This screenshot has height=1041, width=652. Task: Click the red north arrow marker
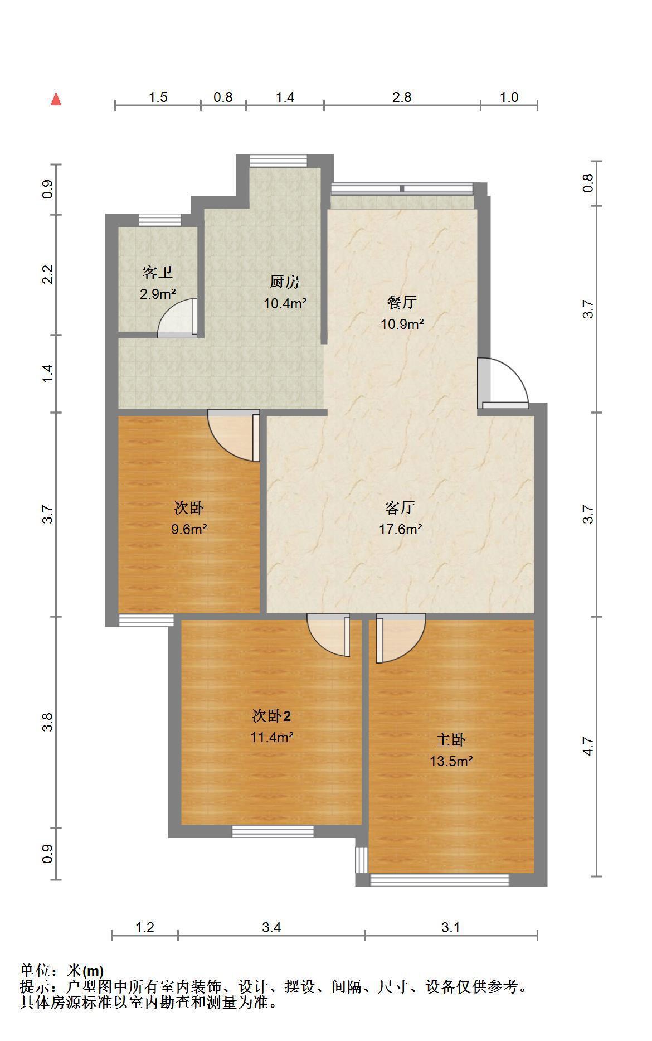click(x=56, y=99)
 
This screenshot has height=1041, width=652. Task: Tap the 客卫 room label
click(x=158, y=273)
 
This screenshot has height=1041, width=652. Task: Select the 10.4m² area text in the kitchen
click(x=285, y=303)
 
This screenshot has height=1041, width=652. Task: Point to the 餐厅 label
click(x=402, y=303)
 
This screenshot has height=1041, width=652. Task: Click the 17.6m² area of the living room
click(x=401, y=529)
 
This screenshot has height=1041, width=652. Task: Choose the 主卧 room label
click(x=451, y=740)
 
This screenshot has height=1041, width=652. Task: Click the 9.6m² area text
click(x=189, y=529)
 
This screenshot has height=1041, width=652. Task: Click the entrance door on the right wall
click(x=503, y=382)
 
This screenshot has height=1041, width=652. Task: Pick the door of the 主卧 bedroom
click(x=401, y=638)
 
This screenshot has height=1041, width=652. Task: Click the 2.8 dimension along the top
click(x=402, y=97)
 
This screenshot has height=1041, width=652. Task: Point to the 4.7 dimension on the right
click(x=588, y=746)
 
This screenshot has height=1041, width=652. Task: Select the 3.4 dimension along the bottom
click(x=271, y=927)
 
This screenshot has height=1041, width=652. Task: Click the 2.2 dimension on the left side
click(x=48, y=274)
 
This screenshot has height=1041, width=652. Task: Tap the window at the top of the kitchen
click(x=278, y=161)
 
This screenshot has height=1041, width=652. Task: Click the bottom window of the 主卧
click(x=440, y=880)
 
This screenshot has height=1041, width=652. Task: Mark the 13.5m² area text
click(x=451, y=761)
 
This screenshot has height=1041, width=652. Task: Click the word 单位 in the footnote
click(x=34, y=971)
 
